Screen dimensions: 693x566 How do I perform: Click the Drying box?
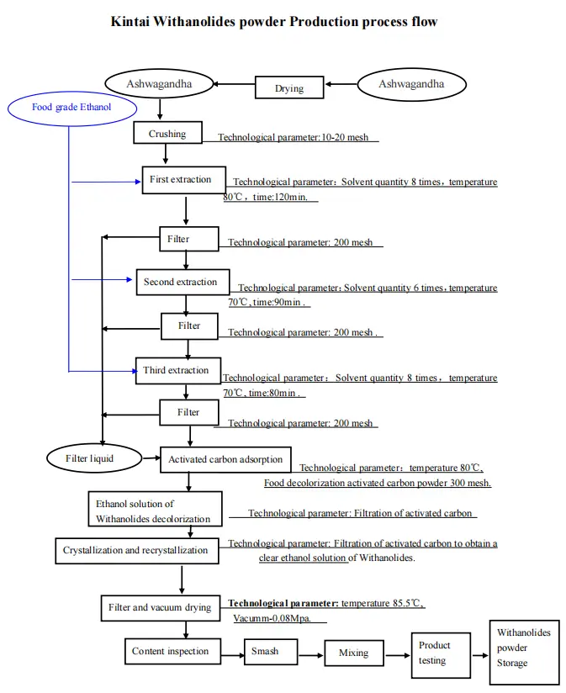289,87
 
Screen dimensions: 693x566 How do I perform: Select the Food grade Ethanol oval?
71,108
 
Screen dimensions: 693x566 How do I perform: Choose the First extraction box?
182,180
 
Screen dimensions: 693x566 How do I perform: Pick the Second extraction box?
181,282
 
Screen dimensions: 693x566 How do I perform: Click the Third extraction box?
177,370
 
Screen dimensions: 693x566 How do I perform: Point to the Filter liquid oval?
89,458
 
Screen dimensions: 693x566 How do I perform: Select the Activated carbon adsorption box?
225,459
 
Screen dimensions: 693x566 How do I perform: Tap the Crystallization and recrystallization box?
135,551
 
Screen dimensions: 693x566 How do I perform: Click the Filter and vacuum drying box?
160,607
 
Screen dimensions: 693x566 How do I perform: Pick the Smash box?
265,651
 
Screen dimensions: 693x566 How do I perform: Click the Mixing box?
354,653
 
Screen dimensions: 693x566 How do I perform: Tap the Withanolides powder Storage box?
523,648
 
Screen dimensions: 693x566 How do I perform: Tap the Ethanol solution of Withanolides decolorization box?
154,511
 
